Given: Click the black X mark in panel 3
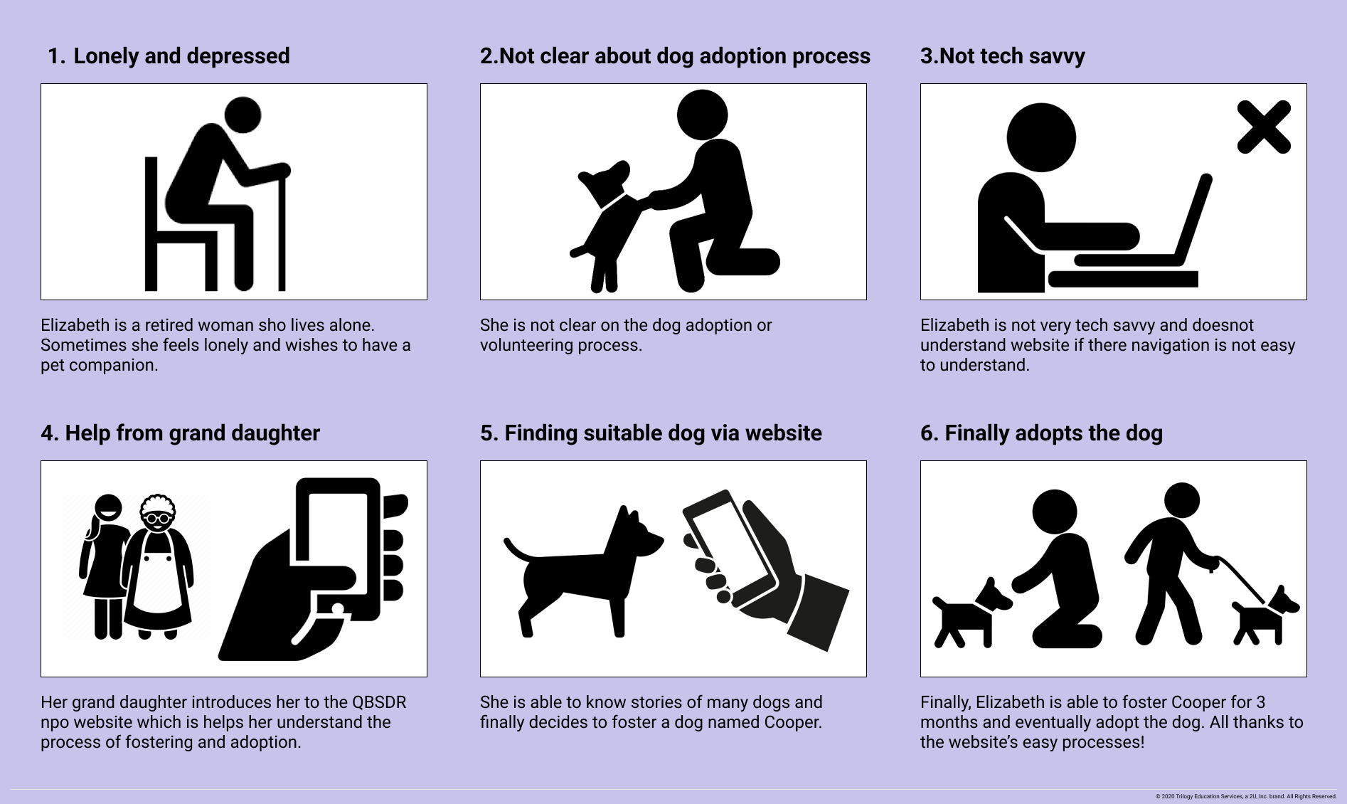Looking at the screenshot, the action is [1264, 127].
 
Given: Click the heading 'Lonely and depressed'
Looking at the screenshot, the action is [181, 56].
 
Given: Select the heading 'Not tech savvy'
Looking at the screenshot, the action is [1012, 56].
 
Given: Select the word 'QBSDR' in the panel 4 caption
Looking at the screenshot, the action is [379, 702].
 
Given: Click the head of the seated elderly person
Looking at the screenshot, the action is [243, 115].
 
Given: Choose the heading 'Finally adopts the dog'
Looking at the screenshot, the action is [1053, 433].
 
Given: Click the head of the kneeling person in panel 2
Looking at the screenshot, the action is [702, 115].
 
